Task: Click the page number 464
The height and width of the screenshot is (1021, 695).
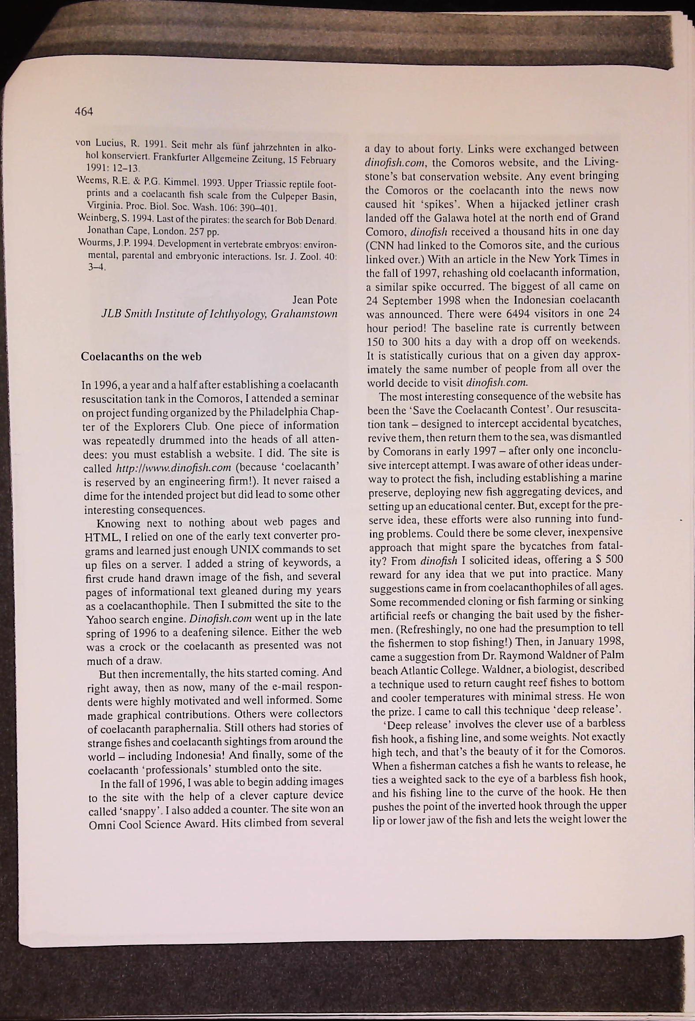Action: [x=84, y=112]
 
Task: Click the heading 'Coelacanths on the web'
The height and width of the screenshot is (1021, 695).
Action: [x=141, y=357]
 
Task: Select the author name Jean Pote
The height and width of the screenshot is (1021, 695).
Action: [x=315, y=300]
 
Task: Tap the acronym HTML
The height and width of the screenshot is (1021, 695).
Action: [x=98, y=536]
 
